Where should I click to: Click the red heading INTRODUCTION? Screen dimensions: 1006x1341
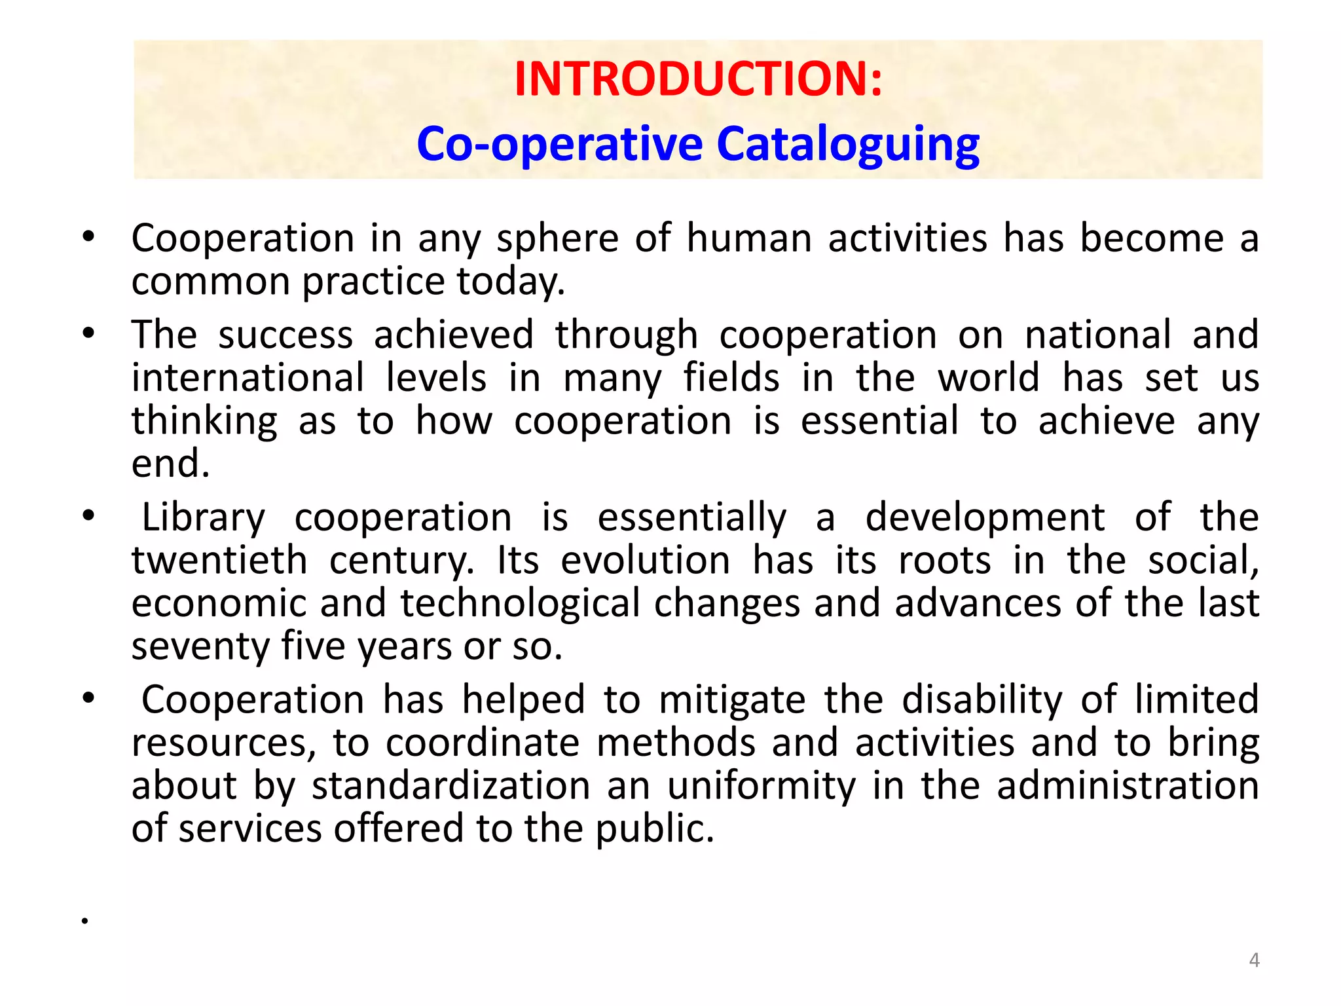[x=698, y=79]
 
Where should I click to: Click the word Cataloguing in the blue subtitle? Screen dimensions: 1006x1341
[x=848, y=144]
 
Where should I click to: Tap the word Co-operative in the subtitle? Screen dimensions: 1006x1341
[x=560, y=144]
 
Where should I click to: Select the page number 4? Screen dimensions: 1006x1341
[x=1254, y=960]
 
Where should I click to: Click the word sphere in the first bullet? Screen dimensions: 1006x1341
[x=557, y=239]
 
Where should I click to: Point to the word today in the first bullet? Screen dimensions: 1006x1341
[x=509, y=282]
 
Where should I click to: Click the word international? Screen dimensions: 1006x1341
[x=248, y=378]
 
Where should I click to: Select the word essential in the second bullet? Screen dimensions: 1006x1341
[x=879, y=421]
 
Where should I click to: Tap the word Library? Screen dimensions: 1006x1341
[x=204, y=518]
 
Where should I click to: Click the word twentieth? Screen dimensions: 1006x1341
[x=219, y=561]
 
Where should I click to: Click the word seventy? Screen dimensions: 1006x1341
[x=200, y=647]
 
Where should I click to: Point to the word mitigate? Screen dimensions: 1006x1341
[x=732, y=700]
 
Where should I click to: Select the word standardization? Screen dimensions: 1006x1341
[x=451, y=786]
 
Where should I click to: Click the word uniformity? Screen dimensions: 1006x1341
[x=761, y=786]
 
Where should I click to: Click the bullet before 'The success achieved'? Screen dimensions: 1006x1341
[x=88, y=334]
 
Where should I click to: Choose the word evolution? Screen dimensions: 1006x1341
[x=645, y=561]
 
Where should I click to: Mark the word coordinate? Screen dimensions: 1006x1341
[x=483, y=743]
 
